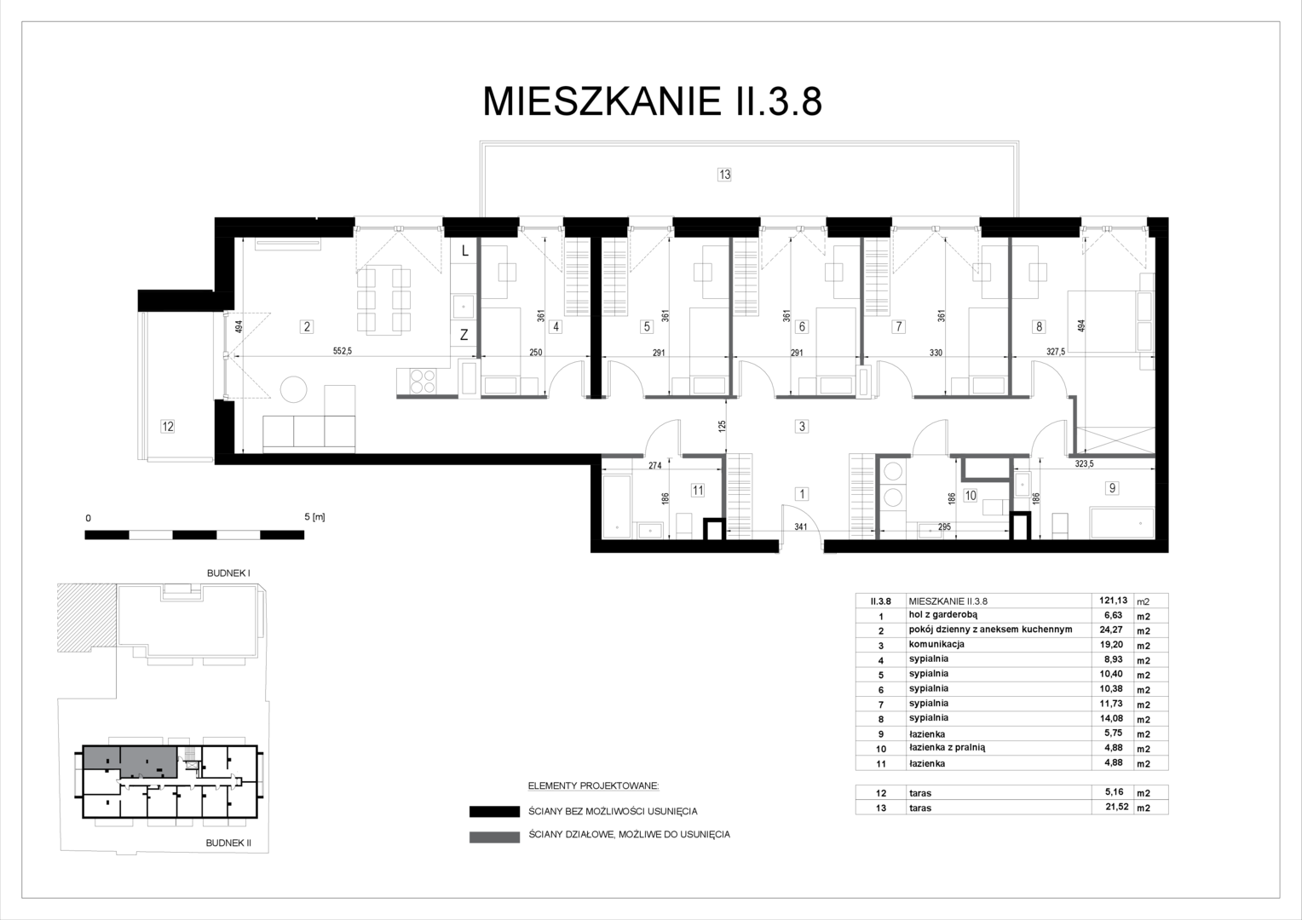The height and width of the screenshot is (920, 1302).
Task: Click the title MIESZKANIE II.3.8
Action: tap(652, 101)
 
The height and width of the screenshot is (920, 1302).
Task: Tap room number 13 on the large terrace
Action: tap(724, 175)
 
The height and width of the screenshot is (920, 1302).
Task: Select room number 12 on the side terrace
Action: tap(167, 427)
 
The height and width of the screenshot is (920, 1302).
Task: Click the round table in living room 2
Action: tap(293, 389)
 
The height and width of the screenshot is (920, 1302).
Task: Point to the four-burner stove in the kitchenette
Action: tap(423, 382)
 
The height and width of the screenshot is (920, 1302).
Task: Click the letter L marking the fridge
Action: tap(465, 251)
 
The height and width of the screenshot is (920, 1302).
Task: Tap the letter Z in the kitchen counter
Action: tap(464, 335)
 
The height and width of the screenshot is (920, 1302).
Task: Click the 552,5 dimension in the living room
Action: tap(343, 351)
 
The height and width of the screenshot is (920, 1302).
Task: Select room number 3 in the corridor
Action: tap(802, 427)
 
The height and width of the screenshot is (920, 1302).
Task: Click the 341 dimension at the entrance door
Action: tap(801, 527)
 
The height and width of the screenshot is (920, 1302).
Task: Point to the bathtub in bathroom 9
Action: tap(1122, 523)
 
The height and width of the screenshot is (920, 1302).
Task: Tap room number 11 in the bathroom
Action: tap(698, 491)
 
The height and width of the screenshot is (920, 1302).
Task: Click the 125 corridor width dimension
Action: tap(722, 427)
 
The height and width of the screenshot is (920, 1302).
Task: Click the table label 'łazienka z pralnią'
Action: tap(947, 748)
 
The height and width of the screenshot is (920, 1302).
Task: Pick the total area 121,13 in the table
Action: tap(1114, 601)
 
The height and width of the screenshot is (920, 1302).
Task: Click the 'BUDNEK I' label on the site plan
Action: tap(228, 573)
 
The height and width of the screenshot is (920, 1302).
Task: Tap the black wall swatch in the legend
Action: tap(495, 812)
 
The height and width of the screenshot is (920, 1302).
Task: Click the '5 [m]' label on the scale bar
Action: tap(314, 517)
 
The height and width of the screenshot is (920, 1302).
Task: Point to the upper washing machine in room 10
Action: tap(893, 470)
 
